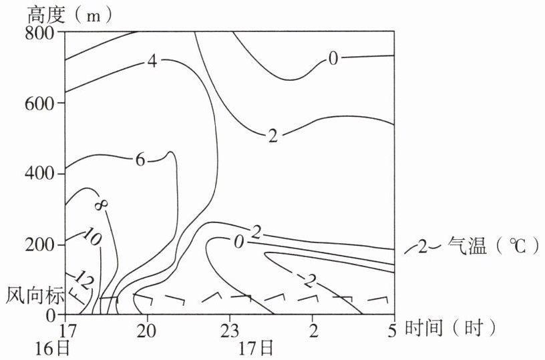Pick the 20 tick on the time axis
[x=148, y=331]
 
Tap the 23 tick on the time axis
[x=229, y=331]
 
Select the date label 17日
[x=257, y=349]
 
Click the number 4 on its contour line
[x=152, y=62]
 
